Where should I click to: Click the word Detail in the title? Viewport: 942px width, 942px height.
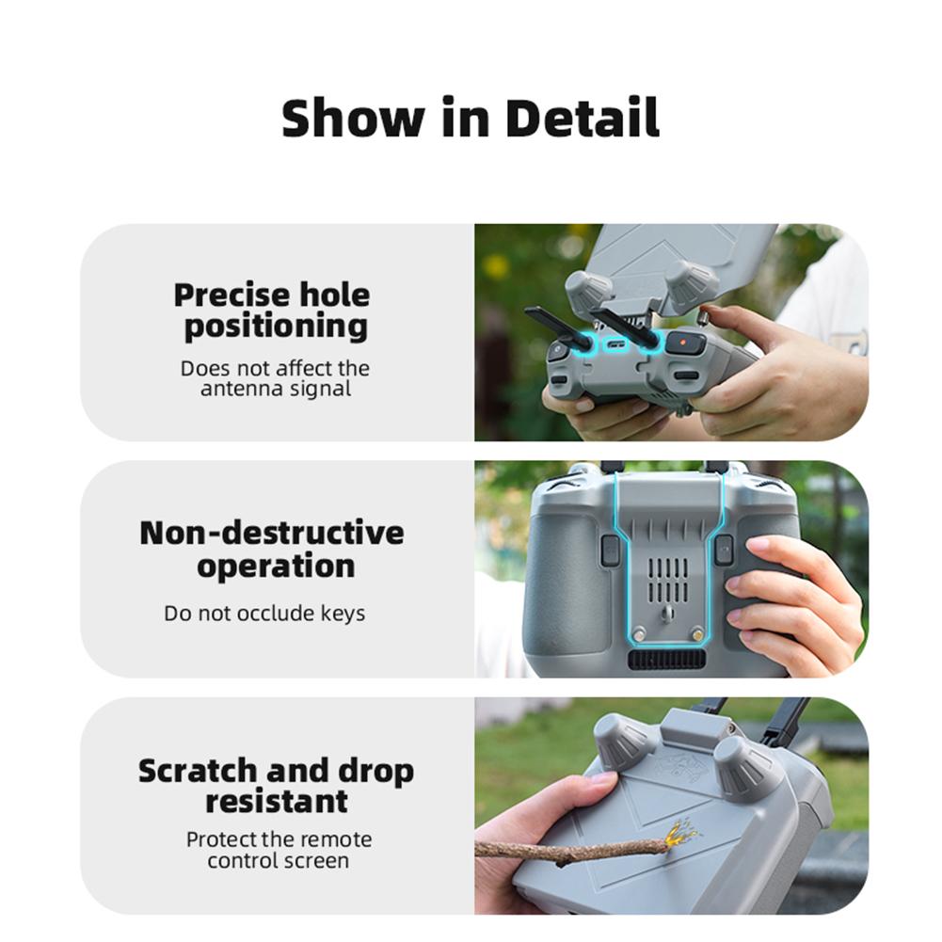click(x=582, y=119)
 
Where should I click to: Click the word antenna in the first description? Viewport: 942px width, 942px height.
click(x=233, y=388)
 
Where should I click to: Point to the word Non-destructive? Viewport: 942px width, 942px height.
click(x=271, y=533)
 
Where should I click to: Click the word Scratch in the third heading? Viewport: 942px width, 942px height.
click(x=199, y=771)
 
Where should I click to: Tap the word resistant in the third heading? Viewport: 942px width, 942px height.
click(x=276, y=802)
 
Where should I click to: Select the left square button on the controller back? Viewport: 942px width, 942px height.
click(x=610, y=550)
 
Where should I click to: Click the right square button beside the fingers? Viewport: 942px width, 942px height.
click(x=723, y=550)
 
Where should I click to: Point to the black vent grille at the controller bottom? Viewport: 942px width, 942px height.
click(x=665, y=659)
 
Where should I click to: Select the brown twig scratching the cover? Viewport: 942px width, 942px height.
click(x=565, y=850)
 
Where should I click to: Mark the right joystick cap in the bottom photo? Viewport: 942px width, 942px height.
click(x=743, y=768)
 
